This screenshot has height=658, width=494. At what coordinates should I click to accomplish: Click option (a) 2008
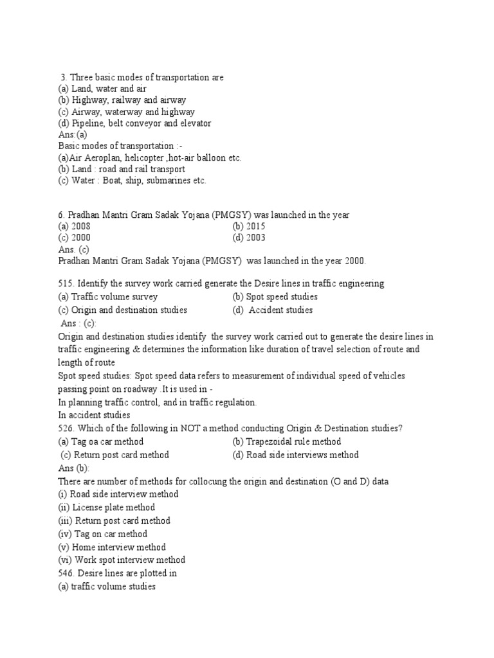(74, 227)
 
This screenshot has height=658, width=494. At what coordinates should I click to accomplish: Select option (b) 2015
(249, 227)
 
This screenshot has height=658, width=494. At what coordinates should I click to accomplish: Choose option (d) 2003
(249, 238)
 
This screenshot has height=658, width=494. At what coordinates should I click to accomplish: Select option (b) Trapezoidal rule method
(287, 442)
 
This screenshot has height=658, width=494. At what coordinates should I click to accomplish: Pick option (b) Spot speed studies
(275, 297)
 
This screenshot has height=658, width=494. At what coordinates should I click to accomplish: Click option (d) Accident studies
(273, 310)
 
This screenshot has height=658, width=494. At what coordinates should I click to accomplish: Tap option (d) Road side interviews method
(295, 455)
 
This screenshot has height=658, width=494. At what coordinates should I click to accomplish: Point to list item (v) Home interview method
(111, 547)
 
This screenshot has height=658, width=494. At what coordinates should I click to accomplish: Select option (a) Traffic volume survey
(107, 297)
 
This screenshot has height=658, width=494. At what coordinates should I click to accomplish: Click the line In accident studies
(94, 416)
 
